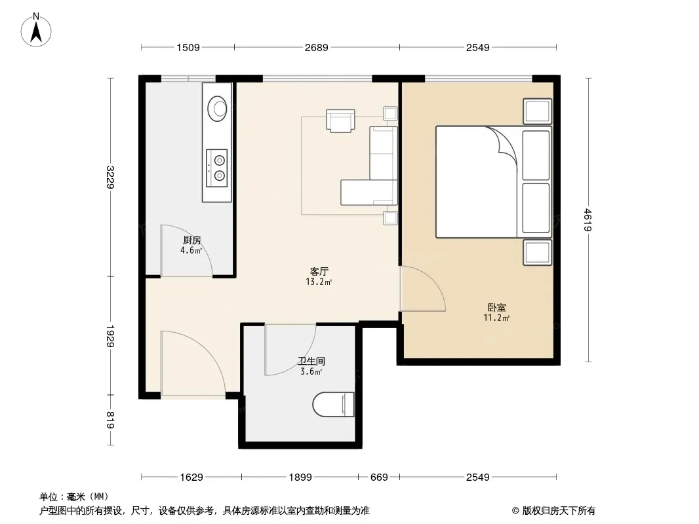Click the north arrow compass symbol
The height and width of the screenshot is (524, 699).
[36, 30]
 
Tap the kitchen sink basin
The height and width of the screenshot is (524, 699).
[218, 109]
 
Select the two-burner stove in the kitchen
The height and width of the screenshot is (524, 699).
[217, 168]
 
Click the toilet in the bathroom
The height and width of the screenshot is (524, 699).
[334, 404]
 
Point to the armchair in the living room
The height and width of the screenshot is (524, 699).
[340, 121]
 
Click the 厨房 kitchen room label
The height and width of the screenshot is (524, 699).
[192, 240]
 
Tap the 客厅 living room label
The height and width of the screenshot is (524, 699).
[319, 271]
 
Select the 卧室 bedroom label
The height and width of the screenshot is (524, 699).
[496, 307]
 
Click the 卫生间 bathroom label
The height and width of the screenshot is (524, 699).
[311, 361]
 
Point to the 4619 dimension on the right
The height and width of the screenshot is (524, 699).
[588, 220]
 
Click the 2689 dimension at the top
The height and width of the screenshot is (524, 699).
[317, 47]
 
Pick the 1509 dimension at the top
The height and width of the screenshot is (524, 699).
[188, 47]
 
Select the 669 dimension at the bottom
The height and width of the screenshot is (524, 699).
[379, 477]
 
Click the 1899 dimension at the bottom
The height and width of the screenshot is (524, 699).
[300, 477]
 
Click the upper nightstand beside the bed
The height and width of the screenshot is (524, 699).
[538, 111]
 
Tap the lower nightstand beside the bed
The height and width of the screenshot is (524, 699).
[538, 253]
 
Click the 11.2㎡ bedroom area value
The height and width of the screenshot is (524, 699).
[496, 318]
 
